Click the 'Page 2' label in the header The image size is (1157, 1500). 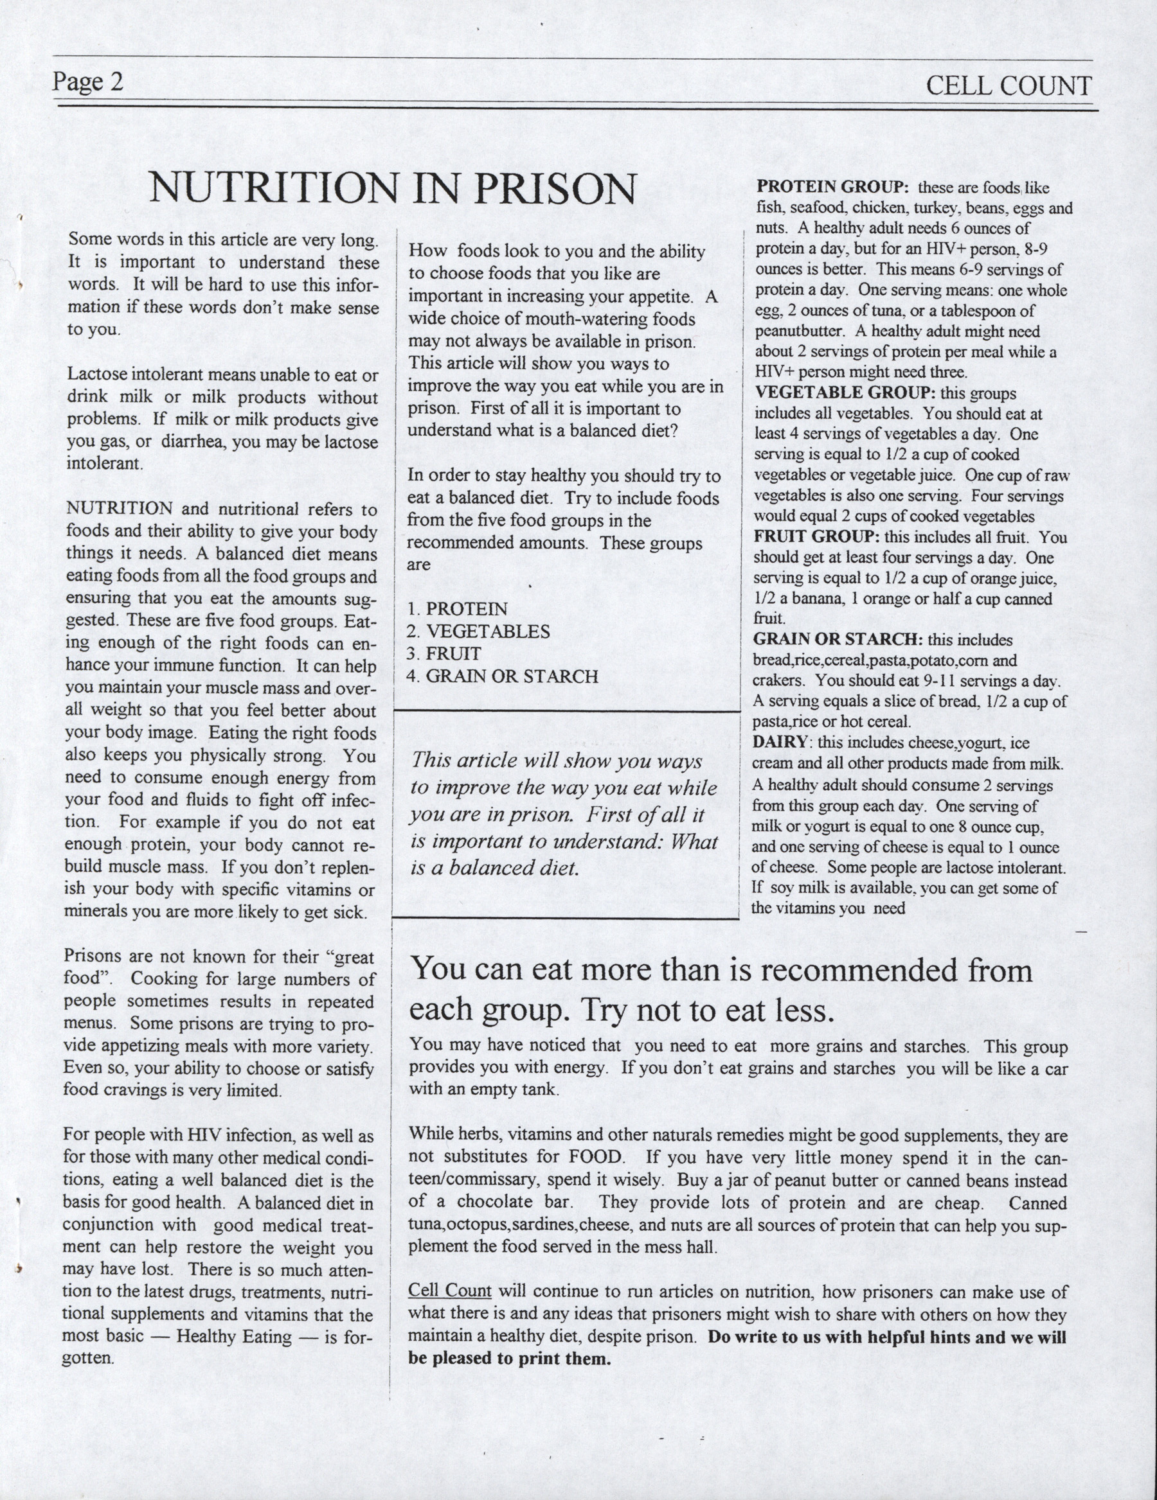[x=88, y=82]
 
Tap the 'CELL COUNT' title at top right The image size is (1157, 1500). [x=1008, y=87]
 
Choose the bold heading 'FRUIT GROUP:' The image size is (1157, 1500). [x=817, y=536]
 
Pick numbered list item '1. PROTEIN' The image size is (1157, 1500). [x=457, y=609]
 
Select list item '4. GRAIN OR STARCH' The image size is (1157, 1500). [x=502, y=676]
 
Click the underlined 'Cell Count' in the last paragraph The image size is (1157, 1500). [x=449, y=1291]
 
